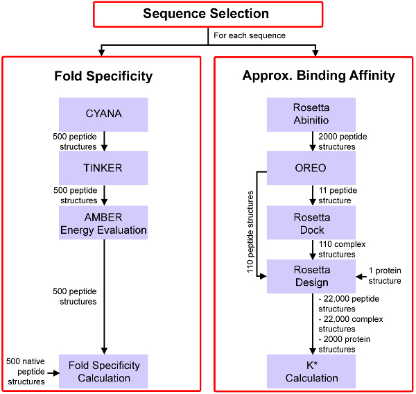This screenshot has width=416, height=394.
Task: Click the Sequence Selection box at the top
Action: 208,15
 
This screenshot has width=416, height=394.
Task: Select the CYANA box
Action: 103,114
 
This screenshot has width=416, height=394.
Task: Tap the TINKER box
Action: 103,168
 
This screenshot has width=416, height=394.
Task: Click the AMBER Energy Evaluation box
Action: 103,223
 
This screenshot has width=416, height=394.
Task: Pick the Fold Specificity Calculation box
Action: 103,371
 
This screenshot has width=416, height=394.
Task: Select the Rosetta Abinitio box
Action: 311,114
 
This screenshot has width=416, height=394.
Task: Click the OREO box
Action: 311,168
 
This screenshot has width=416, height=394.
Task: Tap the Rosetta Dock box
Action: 311,223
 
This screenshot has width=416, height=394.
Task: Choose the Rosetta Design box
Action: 311,276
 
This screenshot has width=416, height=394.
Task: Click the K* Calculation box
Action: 311,371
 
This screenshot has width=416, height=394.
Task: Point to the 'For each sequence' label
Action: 250,35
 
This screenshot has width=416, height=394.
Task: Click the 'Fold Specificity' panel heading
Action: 103,76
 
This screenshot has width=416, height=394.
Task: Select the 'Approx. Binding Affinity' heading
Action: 319,76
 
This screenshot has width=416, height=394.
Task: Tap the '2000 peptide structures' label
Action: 343,142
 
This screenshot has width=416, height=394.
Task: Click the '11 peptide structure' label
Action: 338,195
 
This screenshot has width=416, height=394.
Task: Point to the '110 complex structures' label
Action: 342,249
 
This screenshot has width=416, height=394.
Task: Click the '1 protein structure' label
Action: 385,275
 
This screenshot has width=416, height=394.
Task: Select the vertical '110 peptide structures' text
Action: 250,232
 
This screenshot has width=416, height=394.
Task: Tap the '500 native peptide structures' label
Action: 26,371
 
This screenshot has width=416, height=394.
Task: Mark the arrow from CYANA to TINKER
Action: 104,142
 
